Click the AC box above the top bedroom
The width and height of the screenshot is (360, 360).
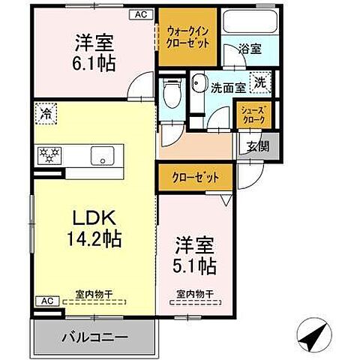tap(141, 13)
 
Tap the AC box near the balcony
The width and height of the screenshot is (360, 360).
tap(44, 301)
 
